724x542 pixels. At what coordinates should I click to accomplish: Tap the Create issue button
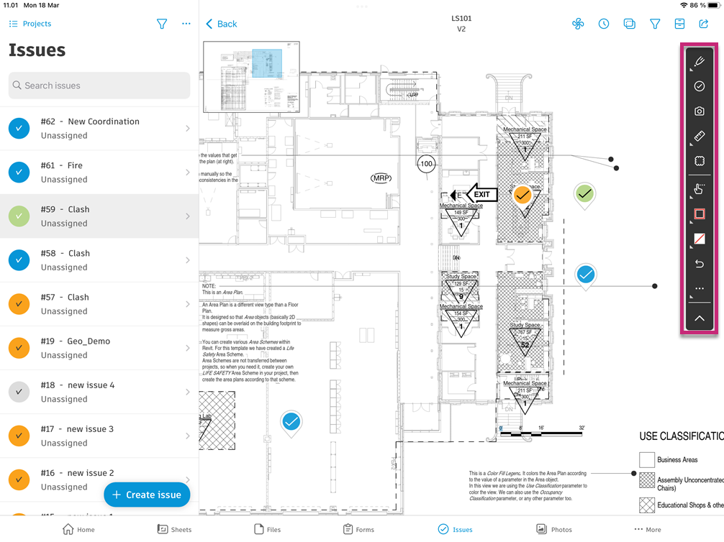click(147, 495)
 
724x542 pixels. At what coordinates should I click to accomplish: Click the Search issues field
click(99, 86)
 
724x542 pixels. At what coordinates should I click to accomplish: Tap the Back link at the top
click(222, 24)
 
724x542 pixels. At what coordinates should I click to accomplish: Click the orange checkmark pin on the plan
click(523, 195)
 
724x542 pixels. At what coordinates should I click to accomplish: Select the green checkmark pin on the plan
click(585, 193)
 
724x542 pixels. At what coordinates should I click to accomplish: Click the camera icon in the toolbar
click(699, 111)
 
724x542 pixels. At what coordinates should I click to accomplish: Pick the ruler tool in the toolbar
click(699, 136)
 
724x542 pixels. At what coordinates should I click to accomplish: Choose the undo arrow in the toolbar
click(699, 264)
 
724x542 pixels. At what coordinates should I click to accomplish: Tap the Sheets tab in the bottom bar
click(174, 529)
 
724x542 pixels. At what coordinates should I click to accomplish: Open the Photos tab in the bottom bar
click(554, 529)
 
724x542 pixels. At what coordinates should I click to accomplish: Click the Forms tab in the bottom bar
click(356, 529)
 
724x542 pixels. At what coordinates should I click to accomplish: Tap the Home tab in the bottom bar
click(78, 529)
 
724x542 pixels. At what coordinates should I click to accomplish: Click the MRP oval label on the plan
click(381, 178)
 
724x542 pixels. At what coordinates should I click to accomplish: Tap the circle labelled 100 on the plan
click(427, 164)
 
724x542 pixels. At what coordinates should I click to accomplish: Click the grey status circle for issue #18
click(19, 392)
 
